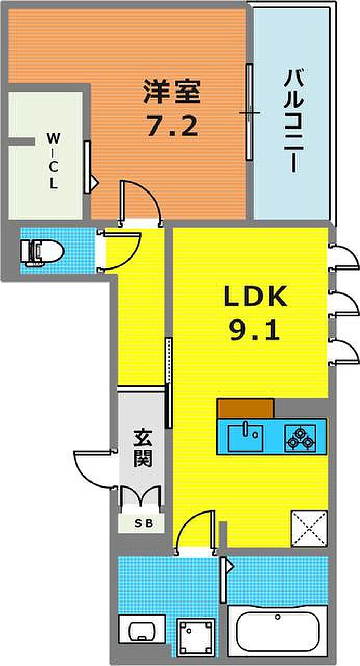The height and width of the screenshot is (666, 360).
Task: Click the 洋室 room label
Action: (x=172, y=91)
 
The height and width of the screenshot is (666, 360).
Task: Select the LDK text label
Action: (x=255, y=296)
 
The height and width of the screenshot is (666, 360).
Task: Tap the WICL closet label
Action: (x=54, y=161)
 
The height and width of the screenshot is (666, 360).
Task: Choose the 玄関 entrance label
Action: (x=143, y=449)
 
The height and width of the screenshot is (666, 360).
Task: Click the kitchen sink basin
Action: (x=246, y=438)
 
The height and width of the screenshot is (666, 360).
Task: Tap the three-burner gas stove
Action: (x=300, y=438)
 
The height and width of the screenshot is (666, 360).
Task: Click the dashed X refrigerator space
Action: (x=309, y=529)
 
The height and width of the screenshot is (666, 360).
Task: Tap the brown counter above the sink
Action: (x=246, y=408)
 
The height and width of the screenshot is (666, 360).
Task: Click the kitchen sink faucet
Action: (x=246, y=429)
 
